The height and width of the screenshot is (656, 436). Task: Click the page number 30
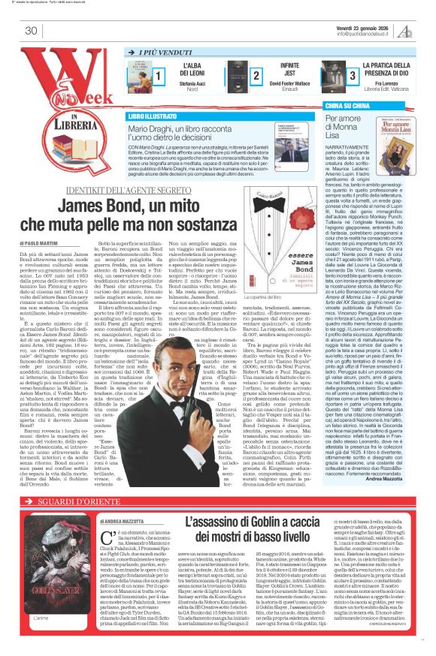tap(32, 31)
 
